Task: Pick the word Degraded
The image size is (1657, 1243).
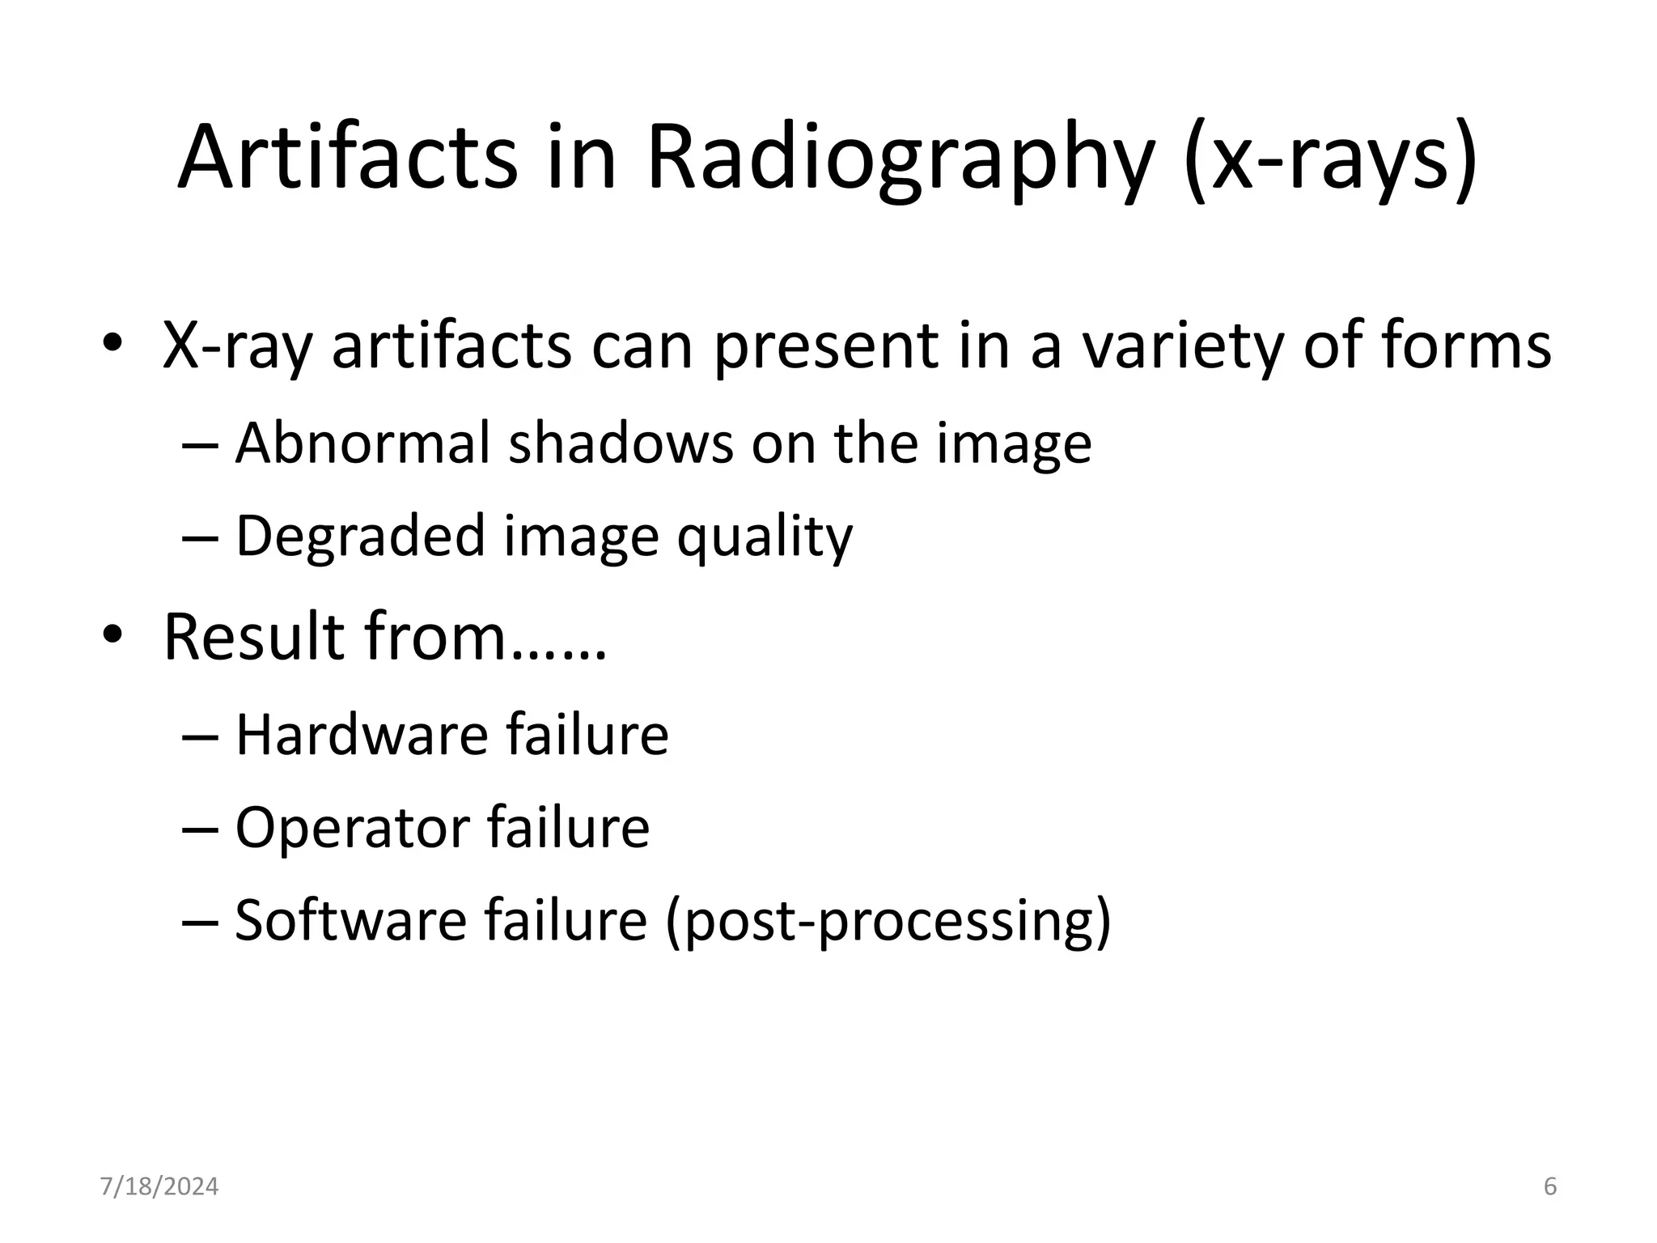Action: point(360,537)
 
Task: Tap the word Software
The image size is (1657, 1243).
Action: point(350,920)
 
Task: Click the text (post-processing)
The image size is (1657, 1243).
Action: point(888,922)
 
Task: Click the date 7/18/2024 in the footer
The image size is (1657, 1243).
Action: point(159,1187)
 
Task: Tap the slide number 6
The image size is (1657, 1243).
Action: point(1549,1187)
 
